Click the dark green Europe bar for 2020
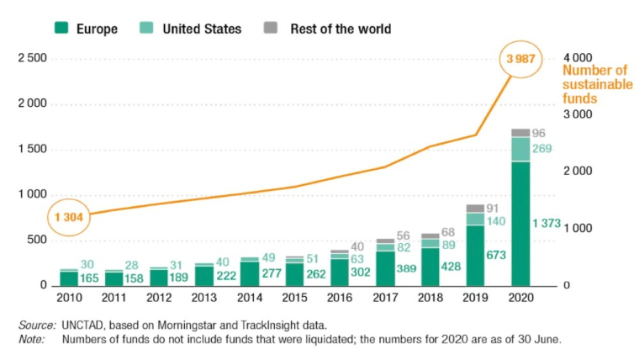[x=520, y=223]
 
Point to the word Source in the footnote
[x=36, y=325]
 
